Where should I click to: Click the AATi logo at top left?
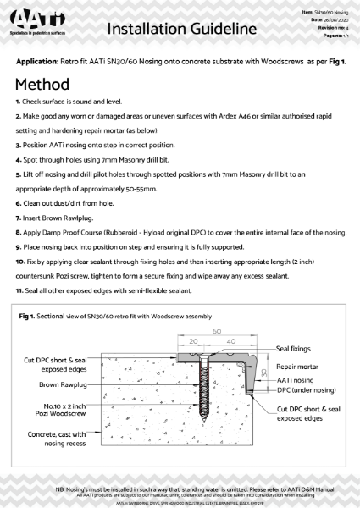click(37, 25)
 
